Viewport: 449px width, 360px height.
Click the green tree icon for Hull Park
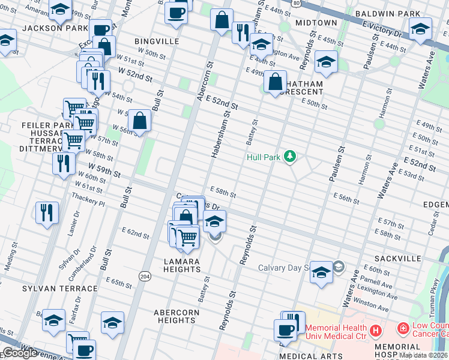tap(291, 157)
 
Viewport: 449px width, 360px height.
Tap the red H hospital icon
tap(375, 329)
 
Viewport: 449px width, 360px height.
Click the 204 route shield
tap(145, 275)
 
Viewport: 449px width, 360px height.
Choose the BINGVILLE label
tap(157, 41)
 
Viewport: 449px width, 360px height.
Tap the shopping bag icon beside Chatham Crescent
tap(275, 82)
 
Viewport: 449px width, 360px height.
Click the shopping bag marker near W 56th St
tap(139, 121)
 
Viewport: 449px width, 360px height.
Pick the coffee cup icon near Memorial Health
tap(285, 329)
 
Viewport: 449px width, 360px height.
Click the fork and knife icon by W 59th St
tap(63, 163)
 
